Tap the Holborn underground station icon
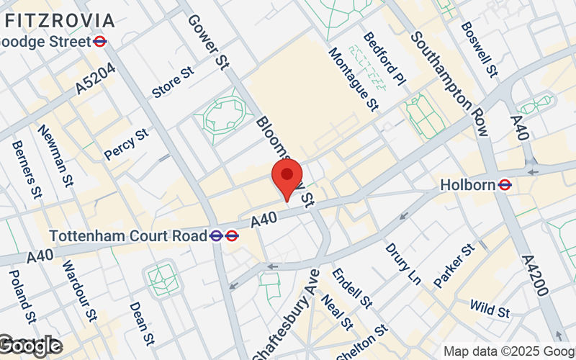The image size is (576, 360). click(x=505, y=185)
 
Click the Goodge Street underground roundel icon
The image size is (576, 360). click(x=100, y=42)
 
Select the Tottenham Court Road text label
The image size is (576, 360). click(x=127, y=235)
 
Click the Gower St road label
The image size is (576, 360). click(x=207, y=41)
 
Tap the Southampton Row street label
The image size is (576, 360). click(x=450, y=84)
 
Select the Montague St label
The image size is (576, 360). click(x=354, y=79)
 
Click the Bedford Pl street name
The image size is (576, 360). click(x=385, y=60)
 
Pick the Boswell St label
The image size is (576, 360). click(x=480, y=48)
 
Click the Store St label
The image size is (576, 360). click(x=173, y=82)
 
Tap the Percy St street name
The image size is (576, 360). click(x=125, y=144)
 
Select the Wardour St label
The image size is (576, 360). click(x=78, y=289)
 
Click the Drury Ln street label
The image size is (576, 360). click(x=402, y=263)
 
